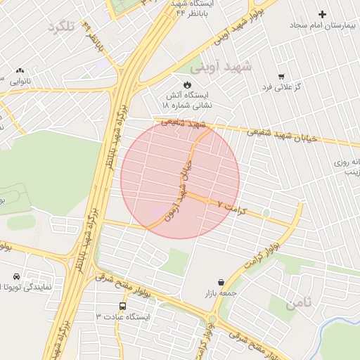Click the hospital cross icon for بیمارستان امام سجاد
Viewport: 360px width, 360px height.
(322, 14)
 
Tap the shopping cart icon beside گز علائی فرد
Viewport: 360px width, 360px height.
(281, 77)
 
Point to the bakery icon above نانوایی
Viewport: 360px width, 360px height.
(20, 70)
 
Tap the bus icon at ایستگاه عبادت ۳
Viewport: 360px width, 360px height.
(123, 307)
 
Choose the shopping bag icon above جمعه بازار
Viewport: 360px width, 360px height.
(221, 282)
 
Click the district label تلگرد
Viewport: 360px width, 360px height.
(61, 27)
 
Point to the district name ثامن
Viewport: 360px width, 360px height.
(300, 304)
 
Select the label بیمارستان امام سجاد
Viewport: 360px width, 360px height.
(324, 25)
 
